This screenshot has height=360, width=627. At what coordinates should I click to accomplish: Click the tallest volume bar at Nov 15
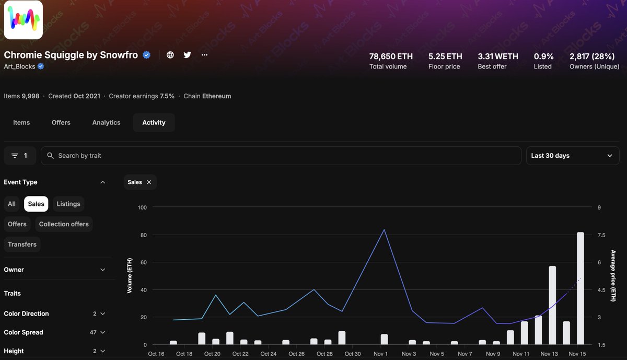point(580,288)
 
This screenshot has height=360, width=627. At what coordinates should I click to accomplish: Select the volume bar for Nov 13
point(552,305)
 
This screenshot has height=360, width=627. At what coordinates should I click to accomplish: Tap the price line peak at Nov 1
point(384,230)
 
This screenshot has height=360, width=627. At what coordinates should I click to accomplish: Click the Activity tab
point(154,122)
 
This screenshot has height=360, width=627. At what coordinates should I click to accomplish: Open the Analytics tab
point(106,122)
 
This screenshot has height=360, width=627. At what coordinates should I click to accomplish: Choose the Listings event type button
point(68,204)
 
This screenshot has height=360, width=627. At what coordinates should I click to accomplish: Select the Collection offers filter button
point(64,224)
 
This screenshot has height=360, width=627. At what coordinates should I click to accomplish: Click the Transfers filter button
point(22,244)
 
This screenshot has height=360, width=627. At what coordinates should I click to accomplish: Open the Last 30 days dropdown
point(572,156)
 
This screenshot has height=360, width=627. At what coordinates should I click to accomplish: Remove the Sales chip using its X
point(149,182)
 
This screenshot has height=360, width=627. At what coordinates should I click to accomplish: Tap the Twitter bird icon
point(187,55)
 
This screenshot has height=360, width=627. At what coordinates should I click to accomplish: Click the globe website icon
point(170,55)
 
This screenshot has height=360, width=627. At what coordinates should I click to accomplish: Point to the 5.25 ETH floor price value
point(445,56)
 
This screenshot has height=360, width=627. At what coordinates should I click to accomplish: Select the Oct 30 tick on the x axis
point(353,354)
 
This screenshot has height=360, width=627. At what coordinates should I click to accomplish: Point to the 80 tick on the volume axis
point(142,235)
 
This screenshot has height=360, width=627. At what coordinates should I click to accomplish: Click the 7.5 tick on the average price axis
point(601,235)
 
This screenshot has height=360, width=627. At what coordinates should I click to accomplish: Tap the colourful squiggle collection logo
point(24,20)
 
